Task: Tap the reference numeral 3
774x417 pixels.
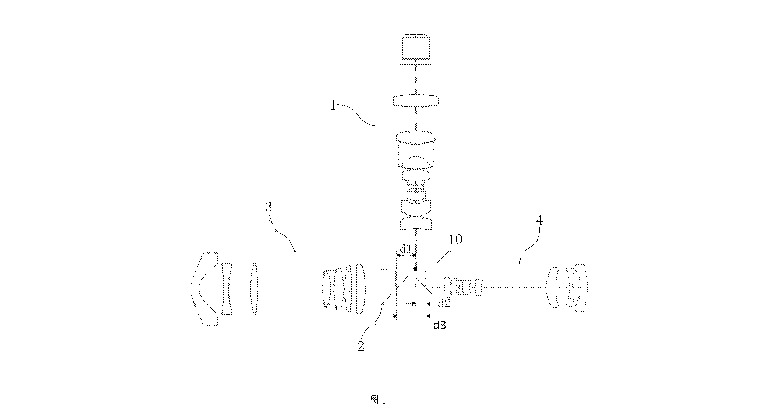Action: click(269, 207)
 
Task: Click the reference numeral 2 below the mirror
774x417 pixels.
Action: click(360, 346)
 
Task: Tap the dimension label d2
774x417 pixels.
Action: click(444, 304)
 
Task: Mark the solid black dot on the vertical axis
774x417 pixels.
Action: click(415, 269)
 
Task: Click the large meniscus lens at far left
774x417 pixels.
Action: click(204, 289)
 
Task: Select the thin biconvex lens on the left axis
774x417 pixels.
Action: click(255, 289)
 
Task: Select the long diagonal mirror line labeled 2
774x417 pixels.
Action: click(394, 291)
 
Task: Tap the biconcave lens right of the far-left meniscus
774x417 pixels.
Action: click(227, 289)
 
